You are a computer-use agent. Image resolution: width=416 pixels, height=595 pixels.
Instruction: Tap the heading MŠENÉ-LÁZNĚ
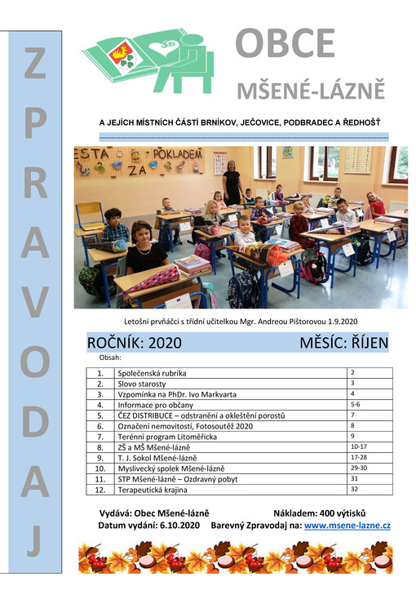(x=310, y=90)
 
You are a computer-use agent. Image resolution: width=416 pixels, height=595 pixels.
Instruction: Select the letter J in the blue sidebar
(x=33, y=542)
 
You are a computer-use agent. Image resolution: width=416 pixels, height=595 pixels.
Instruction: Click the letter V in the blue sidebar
(x=33, y=304)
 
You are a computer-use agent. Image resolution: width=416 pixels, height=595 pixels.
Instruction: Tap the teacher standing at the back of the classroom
(x=232, y=181)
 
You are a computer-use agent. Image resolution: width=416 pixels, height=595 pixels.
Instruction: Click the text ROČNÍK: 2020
(x=134, y=342)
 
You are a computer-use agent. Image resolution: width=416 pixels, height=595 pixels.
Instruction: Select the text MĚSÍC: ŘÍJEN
(x=343, y=342)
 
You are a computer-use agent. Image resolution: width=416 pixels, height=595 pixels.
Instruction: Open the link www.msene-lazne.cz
(x=347, y=526)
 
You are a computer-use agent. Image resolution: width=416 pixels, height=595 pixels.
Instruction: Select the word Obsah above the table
(x=109, y=357)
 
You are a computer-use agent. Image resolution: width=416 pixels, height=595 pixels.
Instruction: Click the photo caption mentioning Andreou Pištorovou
(x=241, y=321)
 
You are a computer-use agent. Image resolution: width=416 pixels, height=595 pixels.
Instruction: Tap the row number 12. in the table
(x=100, y=490)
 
